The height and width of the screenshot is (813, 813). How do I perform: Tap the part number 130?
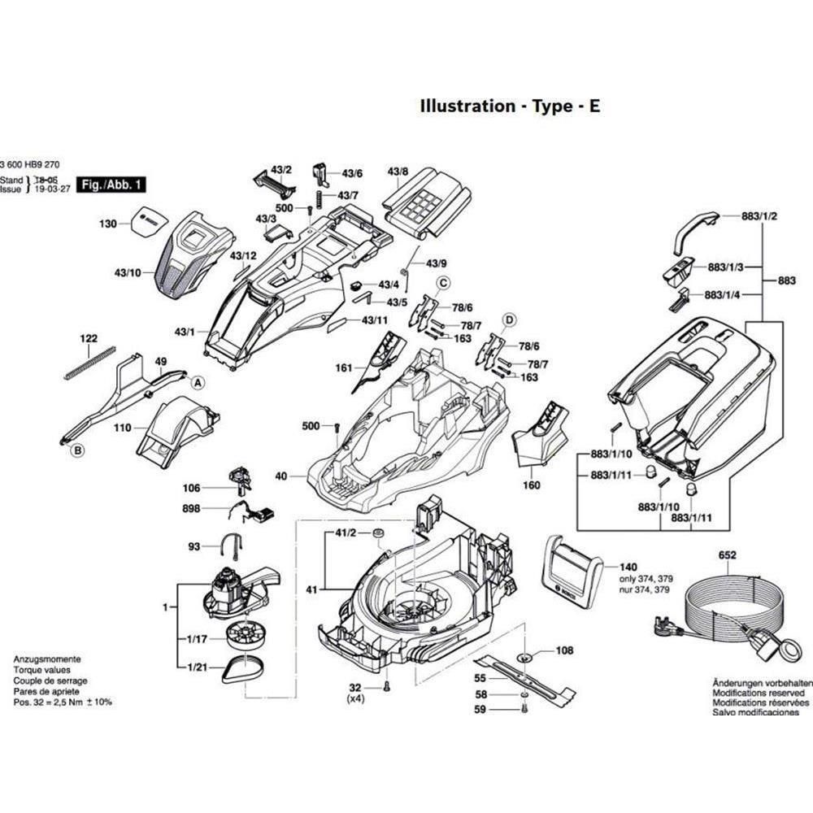(x=108, y=224)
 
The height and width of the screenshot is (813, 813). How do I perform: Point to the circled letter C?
(x=444, y=283)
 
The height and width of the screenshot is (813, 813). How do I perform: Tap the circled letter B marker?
(x=78, y=450)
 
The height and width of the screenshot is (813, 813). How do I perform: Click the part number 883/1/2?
(x=760, y=216)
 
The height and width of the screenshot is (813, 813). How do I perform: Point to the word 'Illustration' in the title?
(x=467, y=106)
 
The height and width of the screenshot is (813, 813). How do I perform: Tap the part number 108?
(x=564, y=650)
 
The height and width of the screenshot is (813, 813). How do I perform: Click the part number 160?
(x=531, y=486)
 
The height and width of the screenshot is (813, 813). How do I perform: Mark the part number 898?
(x=191, y=508)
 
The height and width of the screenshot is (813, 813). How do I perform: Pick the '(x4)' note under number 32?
(x=355, y=698)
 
